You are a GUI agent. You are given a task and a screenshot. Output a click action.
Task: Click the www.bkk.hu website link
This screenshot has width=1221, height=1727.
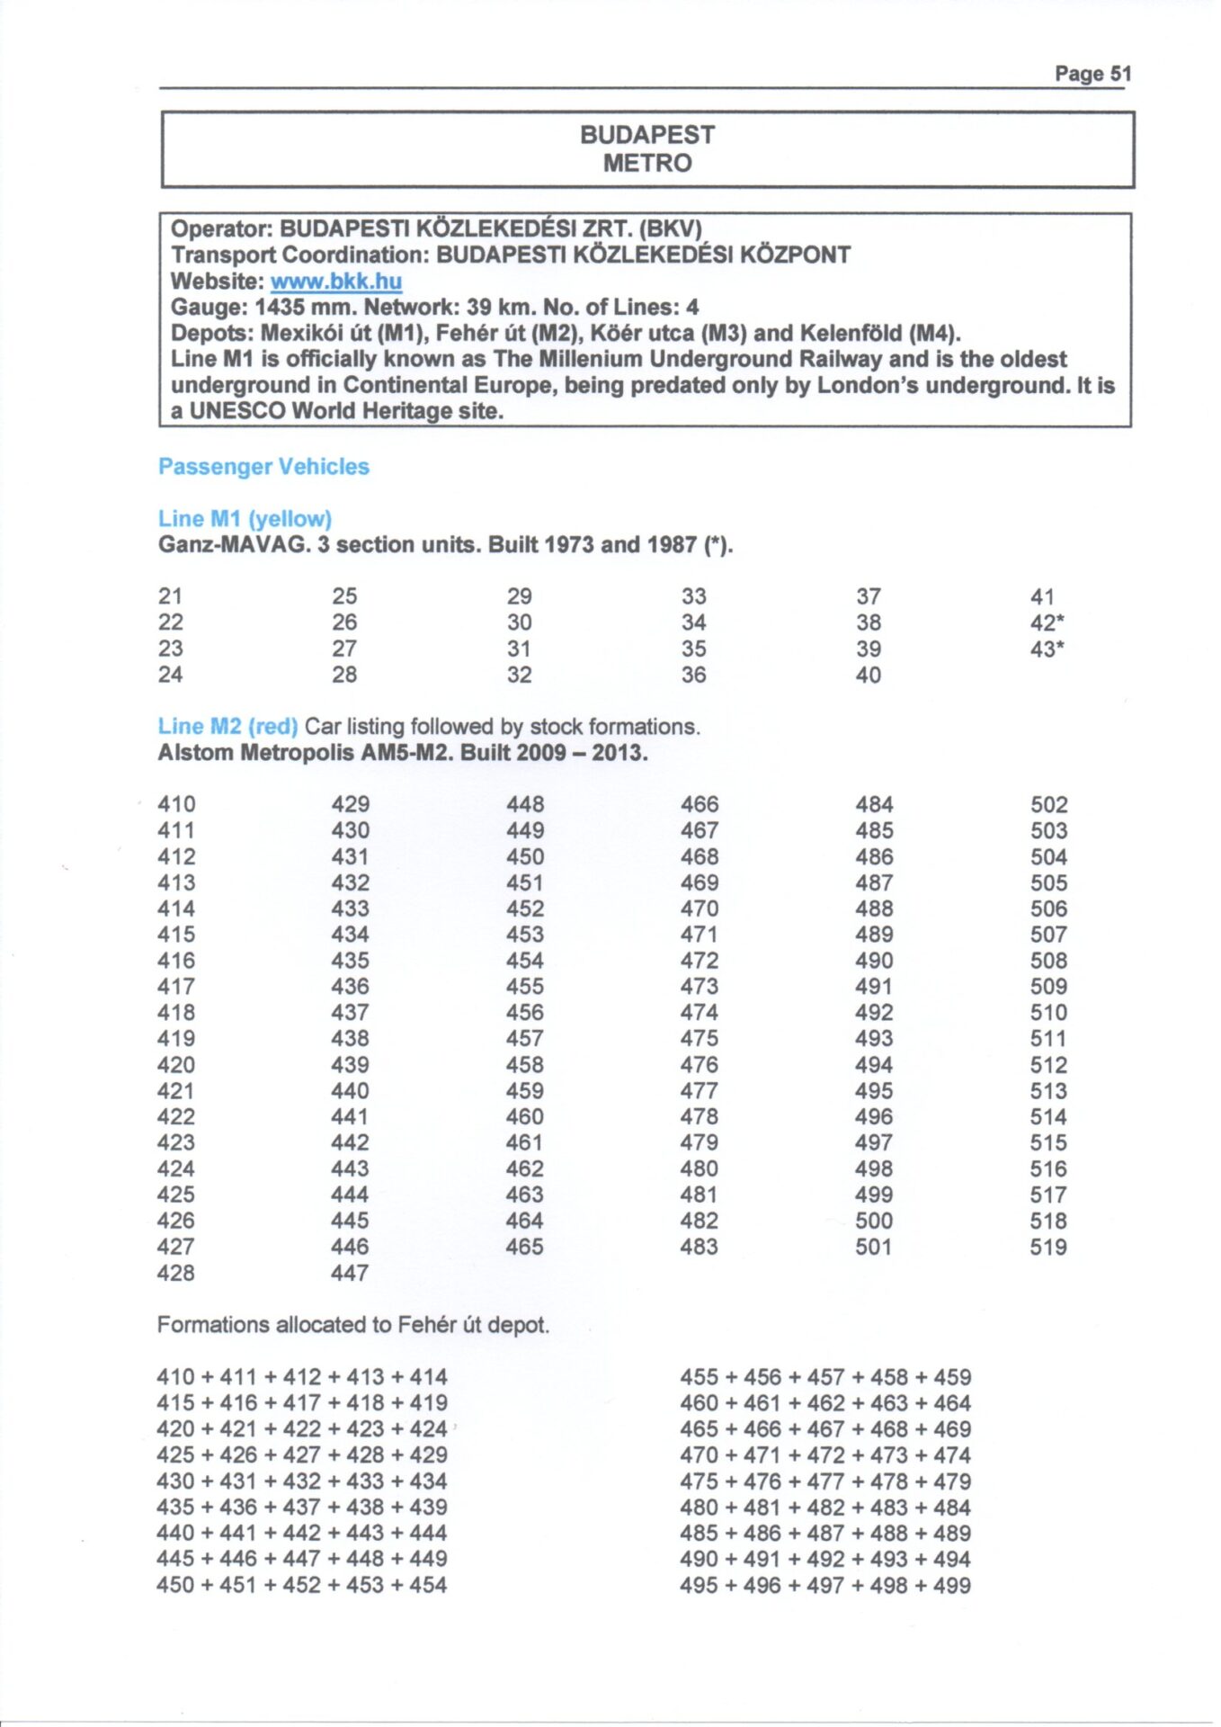coord(336,282)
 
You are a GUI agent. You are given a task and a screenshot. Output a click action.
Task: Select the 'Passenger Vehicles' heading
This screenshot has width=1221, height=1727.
coord(263,467)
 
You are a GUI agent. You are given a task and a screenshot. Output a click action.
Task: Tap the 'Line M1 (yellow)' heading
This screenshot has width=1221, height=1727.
coord(245,519)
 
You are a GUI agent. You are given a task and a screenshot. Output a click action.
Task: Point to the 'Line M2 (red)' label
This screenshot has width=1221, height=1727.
coord(227,727)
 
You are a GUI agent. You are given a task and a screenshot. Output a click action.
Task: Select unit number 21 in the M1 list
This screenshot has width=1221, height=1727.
coord(170,596)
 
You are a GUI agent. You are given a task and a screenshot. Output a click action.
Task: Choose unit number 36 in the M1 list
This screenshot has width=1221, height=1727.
coord(693,675)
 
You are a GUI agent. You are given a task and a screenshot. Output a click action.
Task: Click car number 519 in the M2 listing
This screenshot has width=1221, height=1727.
coord(1048,1248)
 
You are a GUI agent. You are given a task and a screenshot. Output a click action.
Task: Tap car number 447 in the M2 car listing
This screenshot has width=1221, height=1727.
coord(350,1274)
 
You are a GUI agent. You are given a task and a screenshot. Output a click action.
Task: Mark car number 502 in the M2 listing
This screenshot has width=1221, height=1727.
coord(1048,805)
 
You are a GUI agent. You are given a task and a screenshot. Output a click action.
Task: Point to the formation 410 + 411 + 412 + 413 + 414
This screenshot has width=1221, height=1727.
coord(302,1377)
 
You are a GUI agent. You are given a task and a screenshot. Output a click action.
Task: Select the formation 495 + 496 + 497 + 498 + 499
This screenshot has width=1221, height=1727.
coord(825,1586)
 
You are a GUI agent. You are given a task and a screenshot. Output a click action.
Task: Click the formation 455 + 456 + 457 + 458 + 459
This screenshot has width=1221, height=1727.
coord(825,1377)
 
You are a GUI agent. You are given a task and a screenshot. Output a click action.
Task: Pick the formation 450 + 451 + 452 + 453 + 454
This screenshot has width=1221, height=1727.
coord(302,1586)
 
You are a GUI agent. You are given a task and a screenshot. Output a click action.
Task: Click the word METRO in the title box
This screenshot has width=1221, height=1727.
coord(647,164)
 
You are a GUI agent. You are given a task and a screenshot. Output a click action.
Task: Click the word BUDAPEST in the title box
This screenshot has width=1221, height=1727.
coord(647,135)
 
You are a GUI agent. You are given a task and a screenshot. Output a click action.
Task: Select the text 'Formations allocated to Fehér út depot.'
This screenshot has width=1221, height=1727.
coord(353,1325)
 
